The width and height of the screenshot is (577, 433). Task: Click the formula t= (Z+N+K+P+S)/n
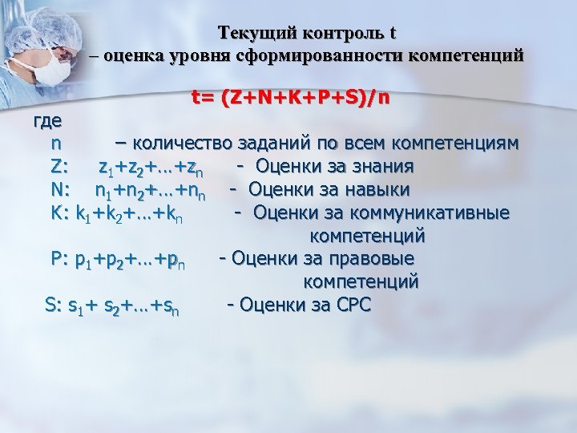[x=291, y=98]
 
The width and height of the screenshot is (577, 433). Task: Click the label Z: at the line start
[x=61, y=167]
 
